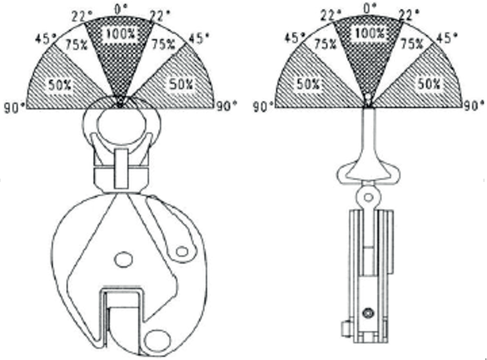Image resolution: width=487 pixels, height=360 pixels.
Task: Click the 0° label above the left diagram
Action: tap(121, 9)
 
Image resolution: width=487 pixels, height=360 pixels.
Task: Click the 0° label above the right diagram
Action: tap(369, 8)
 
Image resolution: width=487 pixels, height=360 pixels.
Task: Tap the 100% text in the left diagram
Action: tap(121, 33)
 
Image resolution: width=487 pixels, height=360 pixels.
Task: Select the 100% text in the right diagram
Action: tap(370, 33)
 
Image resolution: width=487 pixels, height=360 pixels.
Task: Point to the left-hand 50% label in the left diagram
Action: tap(59, 84)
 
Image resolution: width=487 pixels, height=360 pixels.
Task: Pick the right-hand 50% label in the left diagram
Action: tap(181, 84)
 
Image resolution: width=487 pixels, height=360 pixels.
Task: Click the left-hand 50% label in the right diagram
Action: tap(308, 84)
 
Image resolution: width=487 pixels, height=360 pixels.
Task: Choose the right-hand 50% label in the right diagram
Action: tap(429, 84)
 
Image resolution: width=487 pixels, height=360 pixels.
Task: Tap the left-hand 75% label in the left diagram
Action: tap(77, 45)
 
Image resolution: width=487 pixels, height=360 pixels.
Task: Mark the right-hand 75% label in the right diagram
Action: tap(412, 44)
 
